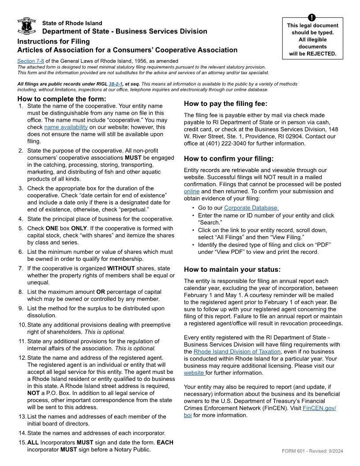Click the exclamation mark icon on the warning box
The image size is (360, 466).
pos(312,18)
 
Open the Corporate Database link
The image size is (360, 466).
pos(251,208)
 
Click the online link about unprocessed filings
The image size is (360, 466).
pos(191,191)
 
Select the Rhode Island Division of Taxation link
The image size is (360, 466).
pos(237,352)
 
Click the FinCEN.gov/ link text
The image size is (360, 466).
pos(319,408)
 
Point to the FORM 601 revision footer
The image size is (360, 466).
pos(312,451)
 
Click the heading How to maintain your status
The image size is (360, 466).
pos(232,270)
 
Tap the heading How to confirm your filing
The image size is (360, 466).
pos(229,159)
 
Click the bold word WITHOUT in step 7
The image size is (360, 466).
pos(120,268)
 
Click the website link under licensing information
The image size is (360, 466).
pos(194,373)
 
